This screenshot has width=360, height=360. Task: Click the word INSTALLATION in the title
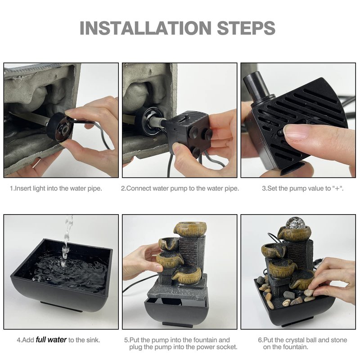tap(145, 28)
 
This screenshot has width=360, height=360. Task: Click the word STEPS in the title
tap(246, 28)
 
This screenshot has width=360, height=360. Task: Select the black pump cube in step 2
tap(188, 133)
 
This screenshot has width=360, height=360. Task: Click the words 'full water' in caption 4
tap(51, 340)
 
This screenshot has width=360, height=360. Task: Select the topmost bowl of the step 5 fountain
tap(189, 229)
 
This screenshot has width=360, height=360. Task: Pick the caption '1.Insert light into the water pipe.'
tap(56, 189)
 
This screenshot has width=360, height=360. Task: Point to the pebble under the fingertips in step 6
tap(309, 293)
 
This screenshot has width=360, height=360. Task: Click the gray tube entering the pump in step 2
tap(158, 121)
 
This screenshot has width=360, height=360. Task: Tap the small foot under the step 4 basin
tap(62, 307)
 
